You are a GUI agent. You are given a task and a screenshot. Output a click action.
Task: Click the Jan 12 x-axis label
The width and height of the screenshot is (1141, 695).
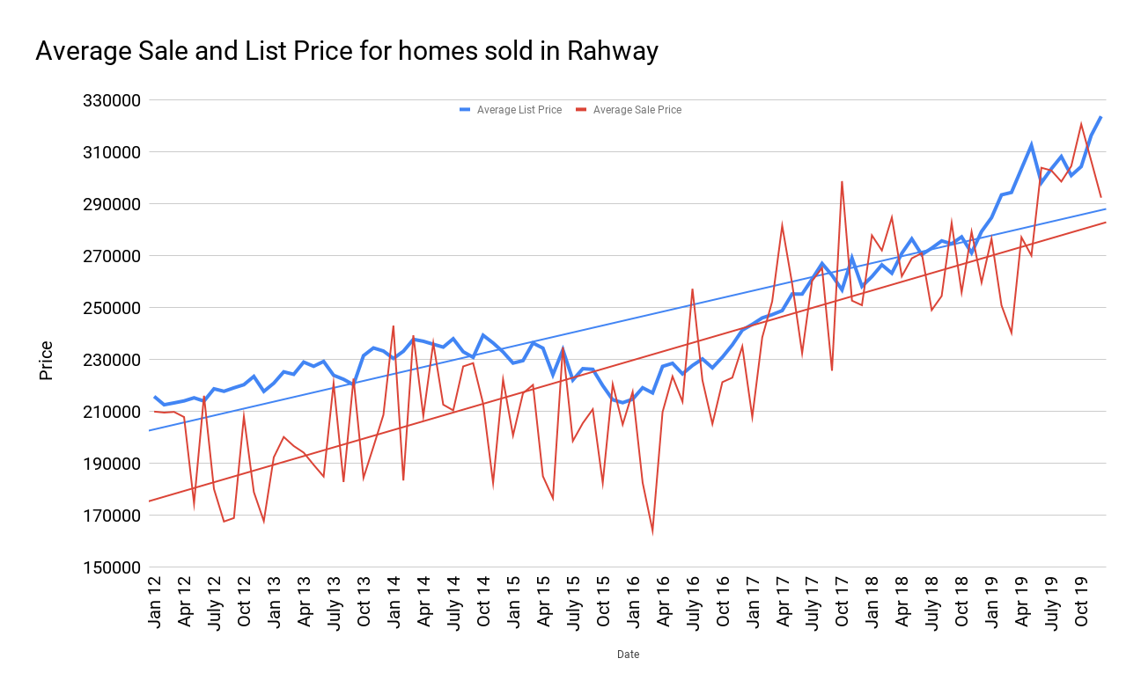[155, 604]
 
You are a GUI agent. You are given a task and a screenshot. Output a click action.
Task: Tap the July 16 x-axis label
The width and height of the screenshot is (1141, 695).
[693, 604]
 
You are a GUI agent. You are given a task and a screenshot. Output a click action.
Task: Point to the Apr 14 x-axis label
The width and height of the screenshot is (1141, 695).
[424, 604]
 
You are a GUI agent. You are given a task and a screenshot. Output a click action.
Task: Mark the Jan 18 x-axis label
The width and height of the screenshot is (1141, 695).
[872, 604]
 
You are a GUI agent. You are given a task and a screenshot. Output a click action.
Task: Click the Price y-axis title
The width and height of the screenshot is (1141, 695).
[46, 361]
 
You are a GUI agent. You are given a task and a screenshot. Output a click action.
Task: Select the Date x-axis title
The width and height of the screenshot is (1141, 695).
[628, 655]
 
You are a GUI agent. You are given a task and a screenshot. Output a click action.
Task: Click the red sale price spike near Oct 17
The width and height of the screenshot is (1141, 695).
[843, 182]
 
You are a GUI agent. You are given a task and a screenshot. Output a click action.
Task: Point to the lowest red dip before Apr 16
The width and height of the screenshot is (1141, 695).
[652, 532]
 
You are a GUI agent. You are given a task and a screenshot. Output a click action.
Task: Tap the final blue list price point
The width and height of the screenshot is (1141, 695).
[1101, 117]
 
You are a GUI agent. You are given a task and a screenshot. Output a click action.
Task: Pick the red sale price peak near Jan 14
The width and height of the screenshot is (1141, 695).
[393, 326]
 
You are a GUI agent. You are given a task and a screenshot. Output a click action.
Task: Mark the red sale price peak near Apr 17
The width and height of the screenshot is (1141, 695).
[782, 225]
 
